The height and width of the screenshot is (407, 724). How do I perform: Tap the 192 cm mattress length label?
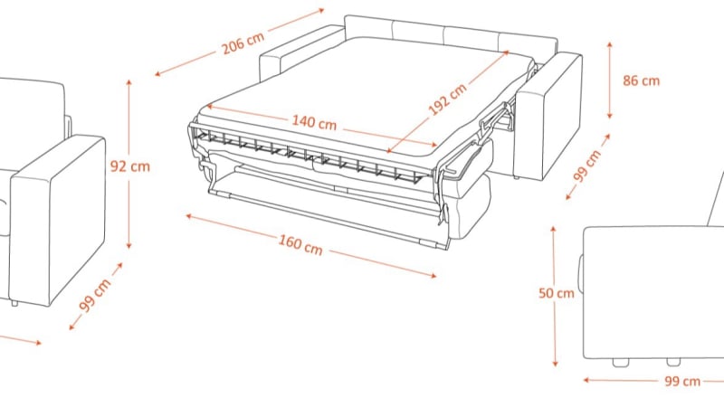pos(447,99)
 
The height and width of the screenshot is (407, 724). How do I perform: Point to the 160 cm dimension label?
pos(300,244)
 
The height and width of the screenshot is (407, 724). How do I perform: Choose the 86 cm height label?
pos(641,80)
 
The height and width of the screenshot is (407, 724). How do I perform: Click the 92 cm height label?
pos(129,166)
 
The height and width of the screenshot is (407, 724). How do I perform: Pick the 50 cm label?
pos(556,293)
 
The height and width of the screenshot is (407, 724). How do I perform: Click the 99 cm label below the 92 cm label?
pos(95,295)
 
